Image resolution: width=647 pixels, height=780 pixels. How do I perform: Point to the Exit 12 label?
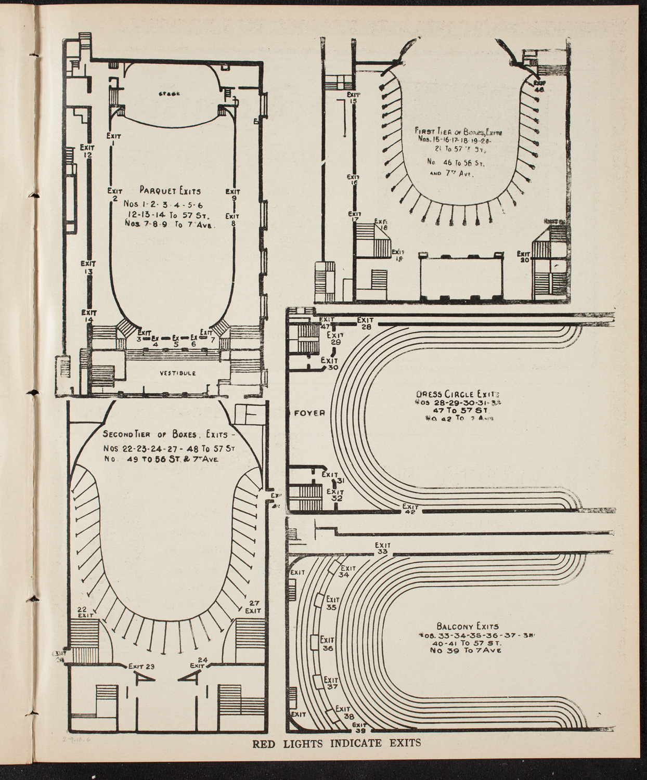(88, 151)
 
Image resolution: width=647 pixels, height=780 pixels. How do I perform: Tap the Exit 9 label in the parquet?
(234, 194)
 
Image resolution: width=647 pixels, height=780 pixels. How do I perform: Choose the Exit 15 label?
(353, 98)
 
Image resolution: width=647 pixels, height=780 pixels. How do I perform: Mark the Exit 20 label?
(524, 257)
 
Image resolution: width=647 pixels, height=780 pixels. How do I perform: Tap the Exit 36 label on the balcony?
(327, 644)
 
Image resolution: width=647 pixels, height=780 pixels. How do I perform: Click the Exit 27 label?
(253, 606)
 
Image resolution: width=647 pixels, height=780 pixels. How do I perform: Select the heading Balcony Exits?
(469, 627)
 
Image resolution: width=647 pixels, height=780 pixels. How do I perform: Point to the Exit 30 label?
(329, 363)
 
